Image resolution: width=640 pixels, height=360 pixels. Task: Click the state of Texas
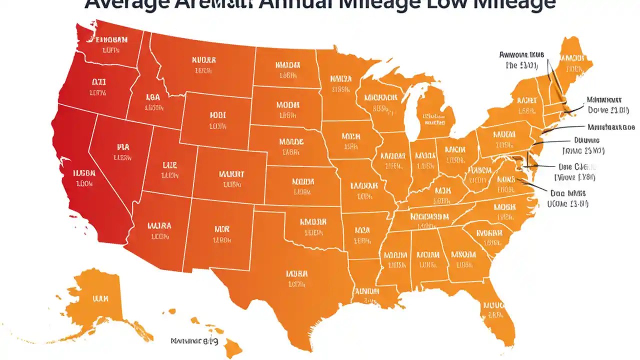point(295,280)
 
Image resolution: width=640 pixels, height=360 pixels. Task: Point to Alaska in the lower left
point(100,300)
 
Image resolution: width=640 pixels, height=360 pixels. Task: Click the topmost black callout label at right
point(521,59)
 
